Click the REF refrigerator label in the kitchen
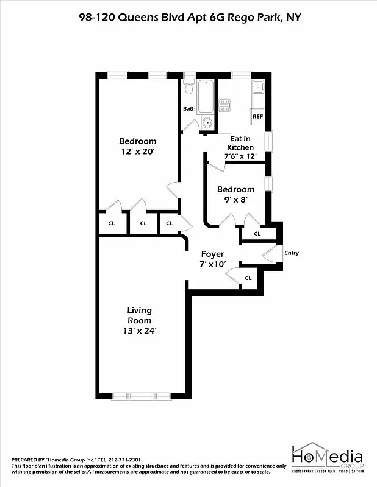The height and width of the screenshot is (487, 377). [x=257, y=116]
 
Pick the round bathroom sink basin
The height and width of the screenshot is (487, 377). [x=207, y=122]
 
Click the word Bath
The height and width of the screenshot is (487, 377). [x=189, y=109]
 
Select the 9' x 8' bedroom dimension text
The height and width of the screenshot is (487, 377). [x=235, y=199]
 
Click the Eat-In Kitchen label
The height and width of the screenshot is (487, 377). [x=240, y=143]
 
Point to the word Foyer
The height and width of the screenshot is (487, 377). [x=213, y=254]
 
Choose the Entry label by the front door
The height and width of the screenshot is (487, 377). [x=292, y=253]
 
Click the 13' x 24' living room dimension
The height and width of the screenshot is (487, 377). [x=139, y=331]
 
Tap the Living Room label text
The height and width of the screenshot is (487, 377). [x=139, y=315]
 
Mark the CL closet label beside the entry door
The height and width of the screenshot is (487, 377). [x=257, y=233]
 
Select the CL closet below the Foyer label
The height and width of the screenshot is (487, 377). [x=248, y=278]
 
